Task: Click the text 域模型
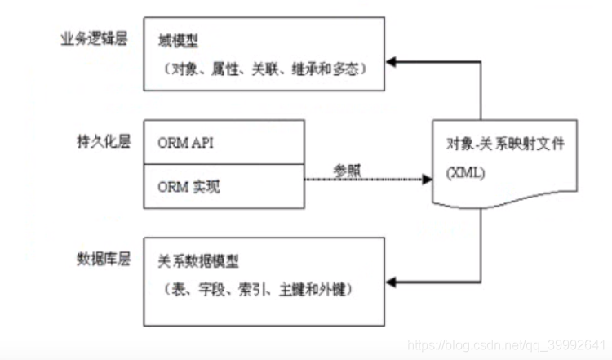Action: point(179,40)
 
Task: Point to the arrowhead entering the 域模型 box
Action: point(392,61)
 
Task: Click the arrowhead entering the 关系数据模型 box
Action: point(392,282)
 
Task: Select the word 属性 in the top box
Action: point(229,69)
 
